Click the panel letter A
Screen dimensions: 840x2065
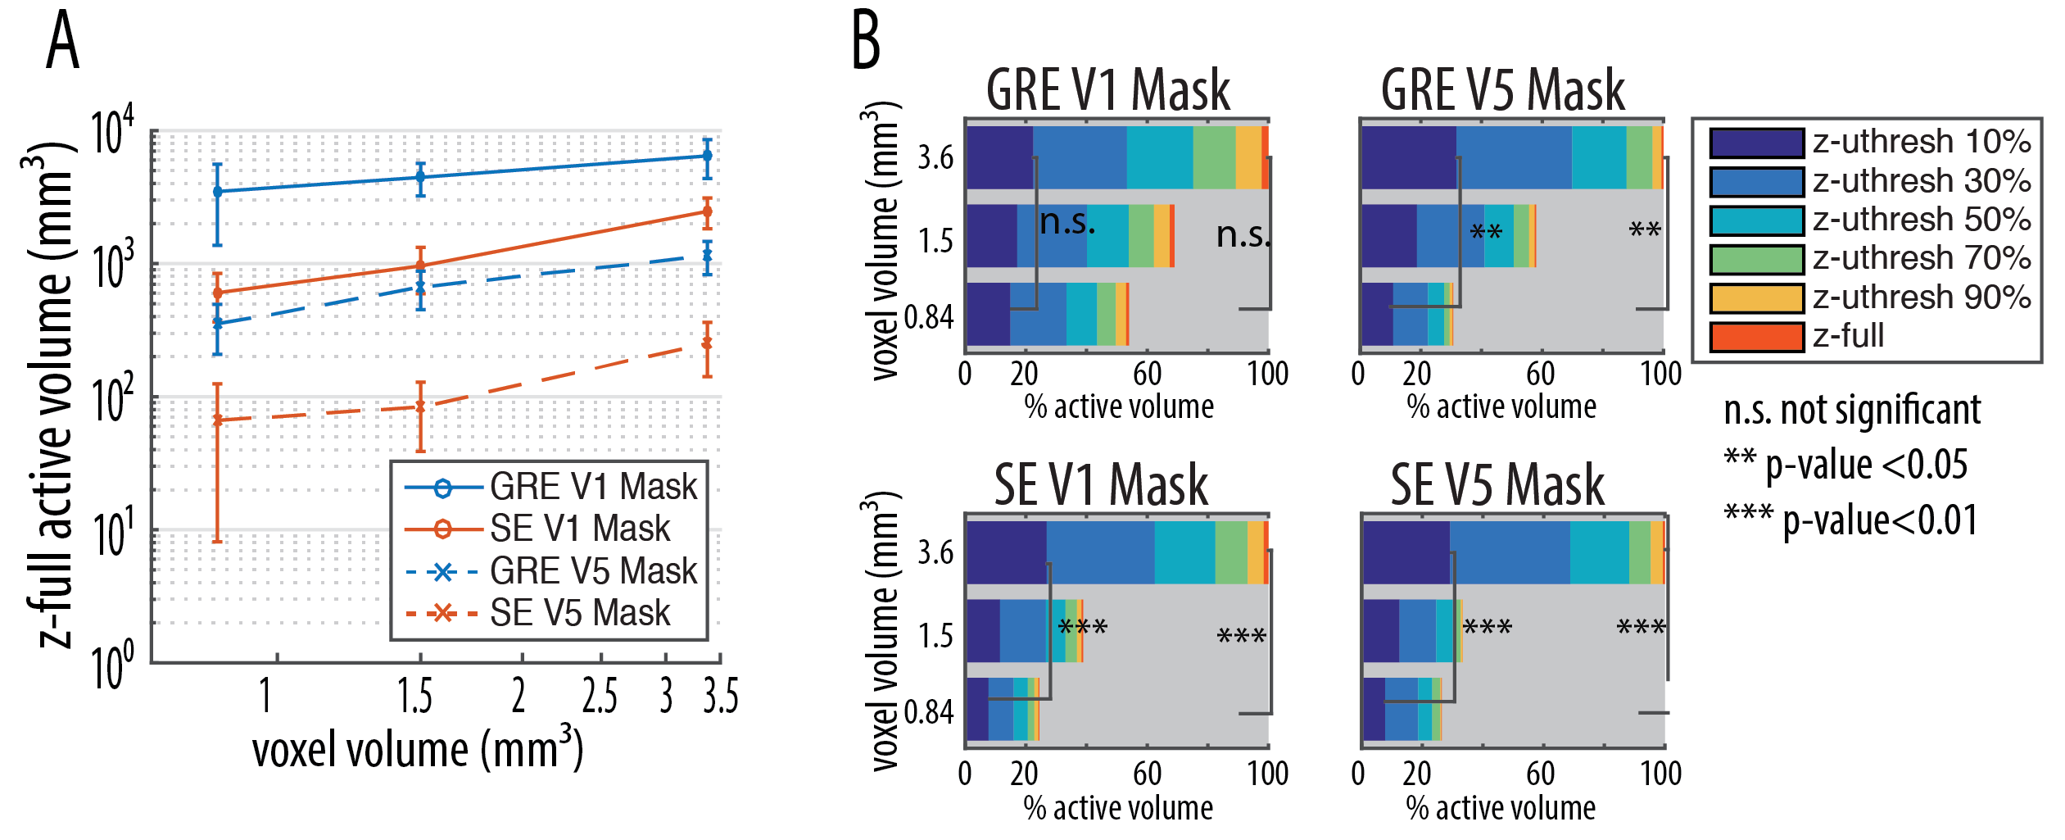62,43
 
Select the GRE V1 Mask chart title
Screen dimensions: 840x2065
1107,90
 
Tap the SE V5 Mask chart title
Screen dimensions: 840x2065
1497,485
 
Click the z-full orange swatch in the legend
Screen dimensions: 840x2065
1756,337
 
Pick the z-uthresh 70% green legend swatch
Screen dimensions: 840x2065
1756,259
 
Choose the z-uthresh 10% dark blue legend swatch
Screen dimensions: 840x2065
1756,143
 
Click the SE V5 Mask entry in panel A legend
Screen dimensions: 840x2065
579,613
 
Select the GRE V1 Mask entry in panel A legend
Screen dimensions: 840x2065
593,487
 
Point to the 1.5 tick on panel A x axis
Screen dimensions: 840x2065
415,697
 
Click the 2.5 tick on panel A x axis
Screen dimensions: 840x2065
600,697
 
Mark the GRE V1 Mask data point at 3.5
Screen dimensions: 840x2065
707,156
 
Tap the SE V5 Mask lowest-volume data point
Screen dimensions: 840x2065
217,420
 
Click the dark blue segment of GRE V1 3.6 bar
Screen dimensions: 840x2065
999,157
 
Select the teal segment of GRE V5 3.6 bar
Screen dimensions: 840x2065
1598,157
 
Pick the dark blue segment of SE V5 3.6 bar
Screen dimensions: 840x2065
1406,552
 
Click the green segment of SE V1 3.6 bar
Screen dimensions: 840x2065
1230,552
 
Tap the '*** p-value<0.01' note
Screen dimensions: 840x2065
1850,520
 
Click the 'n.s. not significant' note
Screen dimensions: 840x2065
1851,410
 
